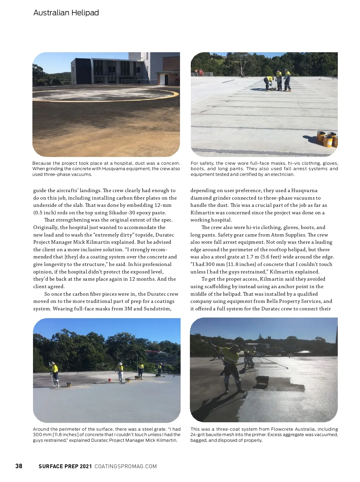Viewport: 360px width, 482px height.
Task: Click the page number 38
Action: point(19,466)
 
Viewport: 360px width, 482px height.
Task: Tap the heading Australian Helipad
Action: point(66,13)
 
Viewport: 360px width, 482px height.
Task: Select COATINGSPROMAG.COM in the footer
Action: point(125,466)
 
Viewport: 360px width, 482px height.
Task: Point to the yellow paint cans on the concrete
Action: point(328,139)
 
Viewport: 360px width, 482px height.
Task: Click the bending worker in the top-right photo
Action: point(268,83)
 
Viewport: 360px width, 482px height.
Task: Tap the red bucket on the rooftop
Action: point(110,380)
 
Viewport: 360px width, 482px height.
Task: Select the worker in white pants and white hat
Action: point(121,372)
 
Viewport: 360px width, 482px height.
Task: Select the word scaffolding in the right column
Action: point(217,286)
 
